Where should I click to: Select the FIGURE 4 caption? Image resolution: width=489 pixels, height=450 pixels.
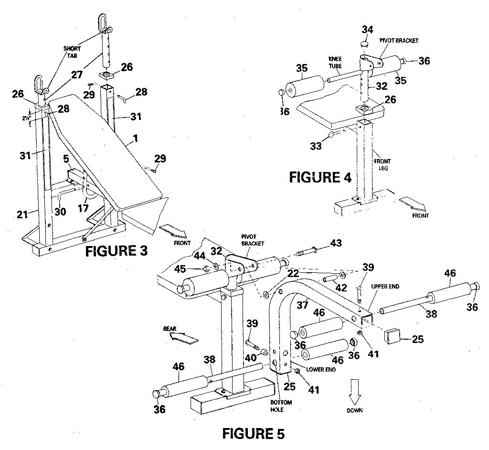click(x=320, y=178)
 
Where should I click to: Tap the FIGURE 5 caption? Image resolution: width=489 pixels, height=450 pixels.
click(x=254, y=434)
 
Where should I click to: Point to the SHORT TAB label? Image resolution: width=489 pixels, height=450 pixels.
click(x=73, y=52)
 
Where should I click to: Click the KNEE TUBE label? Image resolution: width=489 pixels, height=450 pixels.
click(x=335, y=61)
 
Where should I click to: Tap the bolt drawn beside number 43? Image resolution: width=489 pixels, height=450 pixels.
click(x=308, y=251)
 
